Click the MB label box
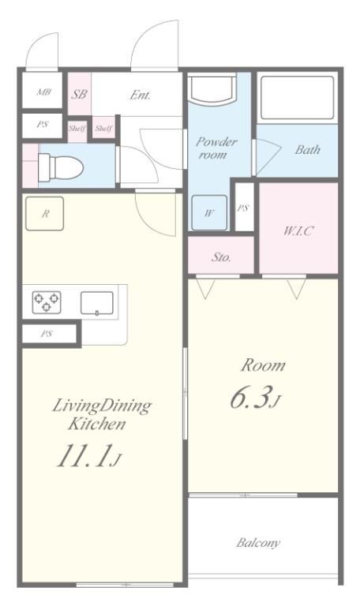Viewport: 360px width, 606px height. (x=42, y=91)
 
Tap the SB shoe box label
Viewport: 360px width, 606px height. (x=79, y=94)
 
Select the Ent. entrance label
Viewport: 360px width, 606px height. (x=140, y=95)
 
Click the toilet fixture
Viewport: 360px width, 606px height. (x=61, y=166)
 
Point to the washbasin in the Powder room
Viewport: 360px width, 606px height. (x=212, y=89)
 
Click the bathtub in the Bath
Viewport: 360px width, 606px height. (x=297, y=98)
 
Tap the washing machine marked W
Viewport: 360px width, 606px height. (x=209, y=212)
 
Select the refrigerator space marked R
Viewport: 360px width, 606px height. (x=44, y=214)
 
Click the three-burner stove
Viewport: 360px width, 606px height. (x=47, y=302)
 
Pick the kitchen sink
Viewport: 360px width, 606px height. (x=96, y=303)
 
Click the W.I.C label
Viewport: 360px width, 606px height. (x=298, y=230)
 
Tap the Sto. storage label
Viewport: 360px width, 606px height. (x=221, y=256)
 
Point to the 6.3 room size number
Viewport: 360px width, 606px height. (x=249, y=398)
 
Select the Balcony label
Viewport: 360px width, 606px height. (x=258, y=543)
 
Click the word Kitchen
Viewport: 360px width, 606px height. (x=97, y=424)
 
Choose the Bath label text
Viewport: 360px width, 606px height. (x=308, y=150)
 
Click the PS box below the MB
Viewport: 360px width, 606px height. (x=42, y=125)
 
